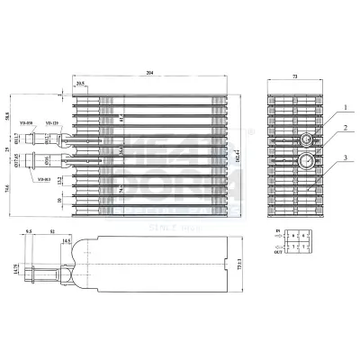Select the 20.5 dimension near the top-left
point(81,84)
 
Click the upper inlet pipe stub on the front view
point(40,139)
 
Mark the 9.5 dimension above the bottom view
point(29,232)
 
